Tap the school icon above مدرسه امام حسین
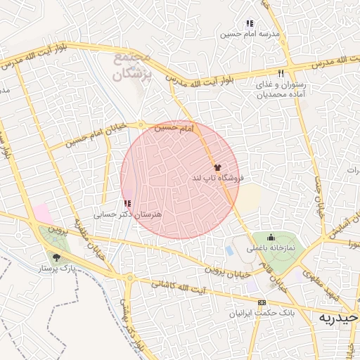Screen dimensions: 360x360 [250, 24]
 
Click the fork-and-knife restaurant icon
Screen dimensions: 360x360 [281, 73]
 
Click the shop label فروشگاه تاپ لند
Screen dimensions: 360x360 [217, 179]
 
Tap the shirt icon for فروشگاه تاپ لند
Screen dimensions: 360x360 [217, 168]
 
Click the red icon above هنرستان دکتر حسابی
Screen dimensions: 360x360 [127, 203]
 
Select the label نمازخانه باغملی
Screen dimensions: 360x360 [271, 248]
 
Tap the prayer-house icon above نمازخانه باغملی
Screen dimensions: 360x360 [271, 238]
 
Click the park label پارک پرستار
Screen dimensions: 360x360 [58, 268]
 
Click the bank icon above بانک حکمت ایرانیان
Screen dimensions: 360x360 [262, 302]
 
